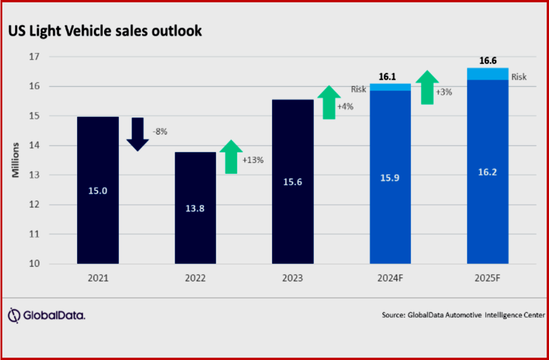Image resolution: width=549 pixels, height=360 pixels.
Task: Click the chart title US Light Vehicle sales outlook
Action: [105, 31]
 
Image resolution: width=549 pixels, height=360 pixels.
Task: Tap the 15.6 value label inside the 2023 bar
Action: [292, 182]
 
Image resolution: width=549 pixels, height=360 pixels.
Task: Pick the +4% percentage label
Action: [345, 106]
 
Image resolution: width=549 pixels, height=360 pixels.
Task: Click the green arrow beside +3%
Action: [428, 87]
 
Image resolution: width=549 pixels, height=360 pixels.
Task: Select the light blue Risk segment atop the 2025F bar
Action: [487, 74]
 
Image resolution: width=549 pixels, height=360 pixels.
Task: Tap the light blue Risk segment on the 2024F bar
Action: [390, 87]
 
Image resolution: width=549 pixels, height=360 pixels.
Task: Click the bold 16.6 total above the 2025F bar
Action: [487, 61]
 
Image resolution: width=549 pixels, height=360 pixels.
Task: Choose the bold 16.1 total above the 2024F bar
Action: [390, 76]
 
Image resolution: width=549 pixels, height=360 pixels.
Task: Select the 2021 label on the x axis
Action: [98, 278]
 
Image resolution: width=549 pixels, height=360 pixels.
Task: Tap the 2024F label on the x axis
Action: [390, 278]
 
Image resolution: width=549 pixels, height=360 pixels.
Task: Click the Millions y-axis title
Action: [15, 160]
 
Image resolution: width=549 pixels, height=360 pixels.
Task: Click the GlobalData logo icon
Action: [15, 315]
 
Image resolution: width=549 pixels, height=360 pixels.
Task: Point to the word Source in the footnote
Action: [392, 315]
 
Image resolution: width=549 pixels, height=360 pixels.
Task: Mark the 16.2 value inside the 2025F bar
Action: [487, 172]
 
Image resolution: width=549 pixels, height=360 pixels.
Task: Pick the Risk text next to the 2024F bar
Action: [359, 89]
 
